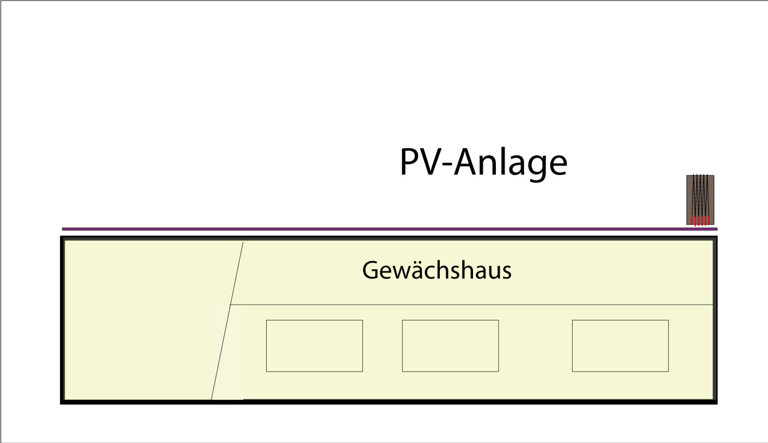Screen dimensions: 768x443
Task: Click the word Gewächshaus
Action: [437, 270]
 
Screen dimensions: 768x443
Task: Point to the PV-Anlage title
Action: [483, 162]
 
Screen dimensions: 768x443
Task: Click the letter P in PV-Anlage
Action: [410, 162]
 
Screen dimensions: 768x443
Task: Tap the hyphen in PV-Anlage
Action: [449, 166]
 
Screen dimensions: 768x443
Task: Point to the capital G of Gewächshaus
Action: [371, 270]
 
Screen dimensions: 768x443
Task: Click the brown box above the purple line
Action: [700, 200]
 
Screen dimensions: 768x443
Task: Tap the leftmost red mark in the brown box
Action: [692, 221]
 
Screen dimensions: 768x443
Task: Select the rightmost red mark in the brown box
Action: [709, 221]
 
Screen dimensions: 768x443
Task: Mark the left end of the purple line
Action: [63, 229]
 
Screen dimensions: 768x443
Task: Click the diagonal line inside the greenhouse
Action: [227, 321]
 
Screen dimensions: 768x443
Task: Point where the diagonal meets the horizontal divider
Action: [230, 305]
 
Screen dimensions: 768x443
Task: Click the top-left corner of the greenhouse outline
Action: [62, 238]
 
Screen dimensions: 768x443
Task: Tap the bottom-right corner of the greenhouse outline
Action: [716, 403]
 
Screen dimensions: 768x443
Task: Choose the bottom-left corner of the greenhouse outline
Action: [62, 403]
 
